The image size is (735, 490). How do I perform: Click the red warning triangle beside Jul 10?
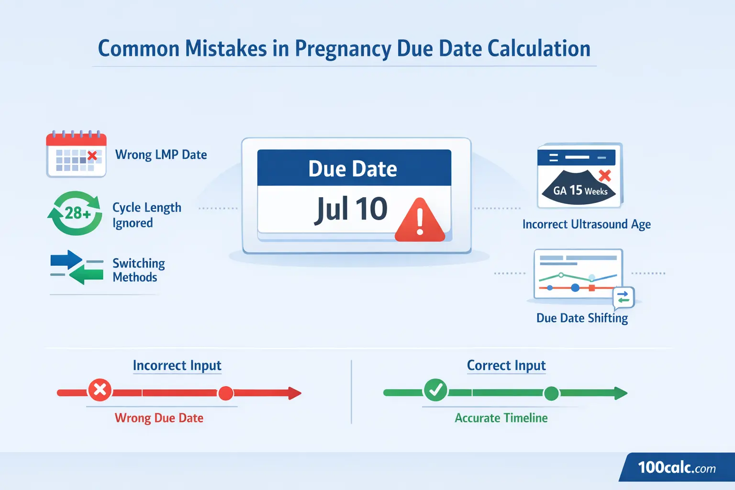[420, 221]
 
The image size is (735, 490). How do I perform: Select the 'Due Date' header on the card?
[353, 169]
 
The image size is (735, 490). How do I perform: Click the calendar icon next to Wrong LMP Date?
[76, 154]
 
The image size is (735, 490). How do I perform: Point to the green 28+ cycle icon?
[76, 213]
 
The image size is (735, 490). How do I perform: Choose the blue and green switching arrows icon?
[77, 267]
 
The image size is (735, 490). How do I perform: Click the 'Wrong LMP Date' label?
[161, 155]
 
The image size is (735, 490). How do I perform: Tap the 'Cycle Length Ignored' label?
[146, 215]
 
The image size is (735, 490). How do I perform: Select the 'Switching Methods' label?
[138, 270]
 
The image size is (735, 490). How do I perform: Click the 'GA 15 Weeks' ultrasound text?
[580, 191]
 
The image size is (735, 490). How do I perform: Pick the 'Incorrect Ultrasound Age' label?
[586, 224]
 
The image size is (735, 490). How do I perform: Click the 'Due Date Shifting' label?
[582, 318]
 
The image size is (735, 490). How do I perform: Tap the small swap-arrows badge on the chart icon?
[623, 297]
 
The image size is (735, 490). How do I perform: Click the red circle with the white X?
[100, 390]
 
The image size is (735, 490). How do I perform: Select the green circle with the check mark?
[435, 390]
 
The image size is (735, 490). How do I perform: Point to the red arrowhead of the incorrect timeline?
[294, 393]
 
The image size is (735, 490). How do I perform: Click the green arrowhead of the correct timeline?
[620, 393]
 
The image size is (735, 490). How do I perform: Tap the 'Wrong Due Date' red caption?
[159, 418]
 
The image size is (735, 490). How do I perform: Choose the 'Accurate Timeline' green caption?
[501, 418]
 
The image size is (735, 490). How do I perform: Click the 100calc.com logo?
[677, 468]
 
